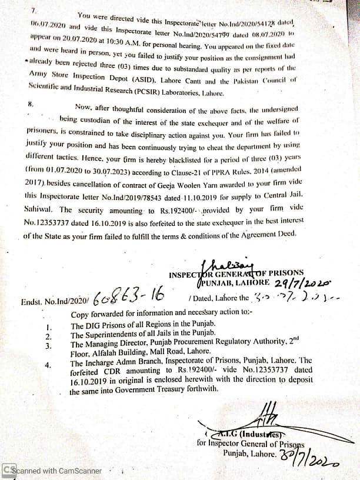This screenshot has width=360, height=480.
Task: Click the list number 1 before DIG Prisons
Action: (49, 326)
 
